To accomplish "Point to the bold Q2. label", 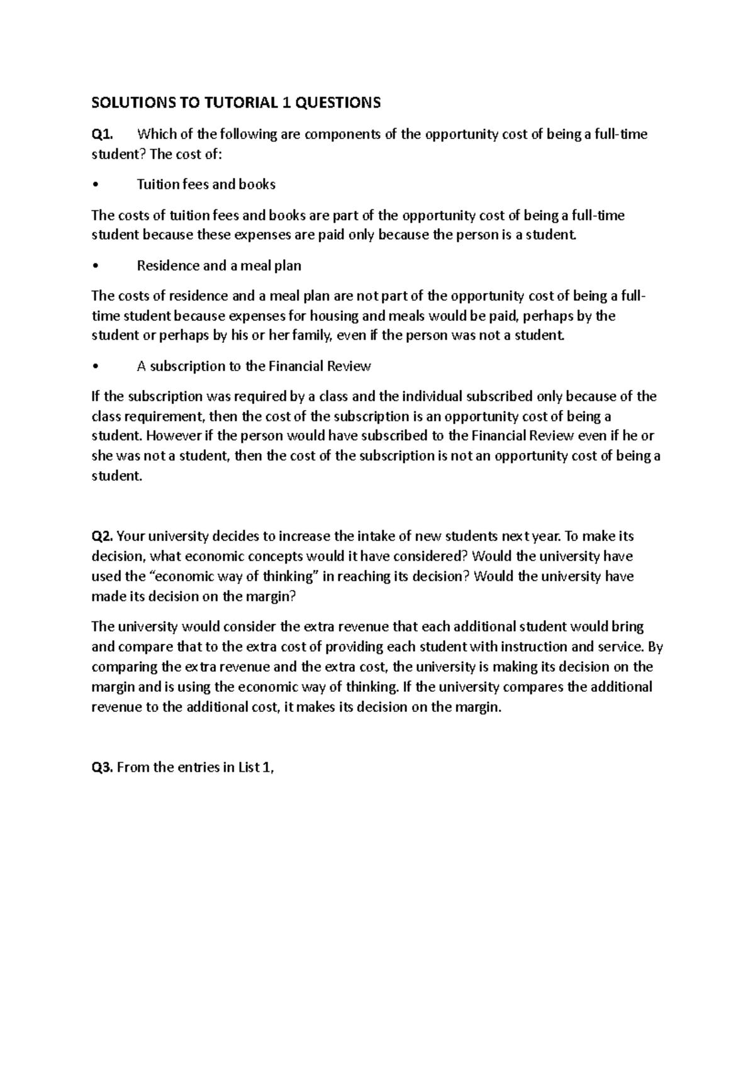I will (x=103, y=537).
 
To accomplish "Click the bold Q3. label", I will (x=103, y=767).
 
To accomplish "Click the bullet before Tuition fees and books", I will (x=94, y=185).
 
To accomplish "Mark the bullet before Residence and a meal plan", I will (x=94, y=266).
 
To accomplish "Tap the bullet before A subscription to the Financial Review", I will (x=94, y=367).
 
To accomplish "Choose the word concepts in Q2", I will (x=267, y=557).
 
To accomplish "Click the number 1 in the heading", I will (x=286, y=103).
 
